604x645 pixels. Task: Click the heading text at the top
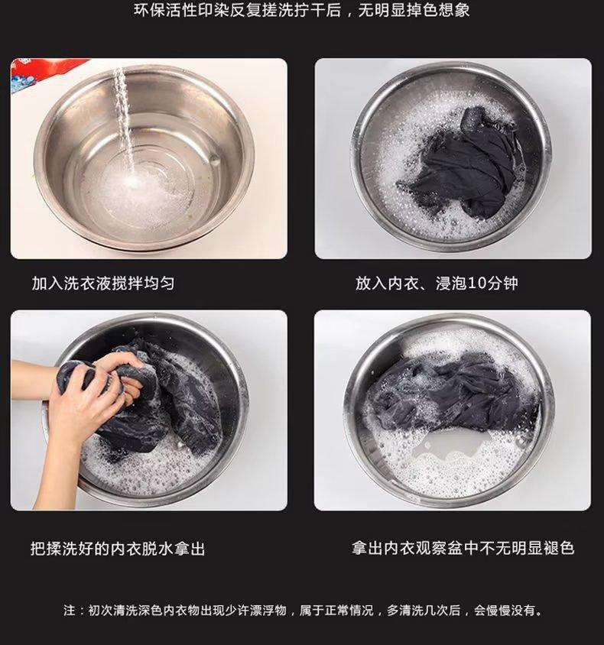pos(301,10)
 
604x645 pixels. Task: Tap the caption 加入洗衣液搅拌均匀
pos(103,284)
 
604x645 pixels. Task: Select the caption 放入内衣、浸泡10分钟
pos(437,284)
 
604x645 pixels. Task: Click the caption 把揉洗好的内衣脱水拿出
pos(118,549)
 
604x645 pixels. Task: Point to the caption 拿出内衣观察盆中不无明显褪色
pos(463,548)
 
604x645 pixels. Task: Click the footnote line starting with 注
pos(304,610)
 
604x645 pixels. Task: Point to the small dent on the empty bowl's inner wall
pos(214,159)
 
